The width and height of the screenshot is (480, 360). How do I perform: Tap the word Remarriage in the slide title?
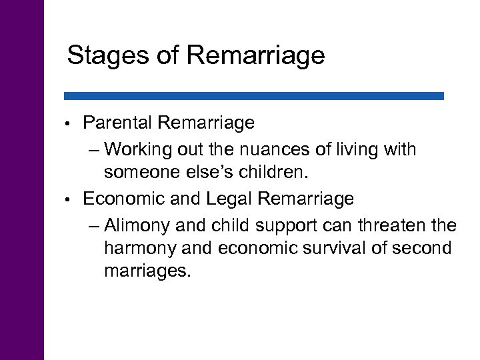[x=257, y=55]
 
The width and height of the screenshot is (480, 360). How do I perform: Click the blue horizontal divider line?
[x=254, y=96]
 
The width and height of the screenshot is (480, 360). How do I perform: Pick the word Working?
[x=137, y=148]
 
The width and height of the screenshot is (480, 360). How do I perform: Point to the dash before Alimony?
[x=93, y=223]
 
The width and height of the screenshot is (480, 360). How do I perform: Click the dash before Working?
[x=93, y=149]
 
